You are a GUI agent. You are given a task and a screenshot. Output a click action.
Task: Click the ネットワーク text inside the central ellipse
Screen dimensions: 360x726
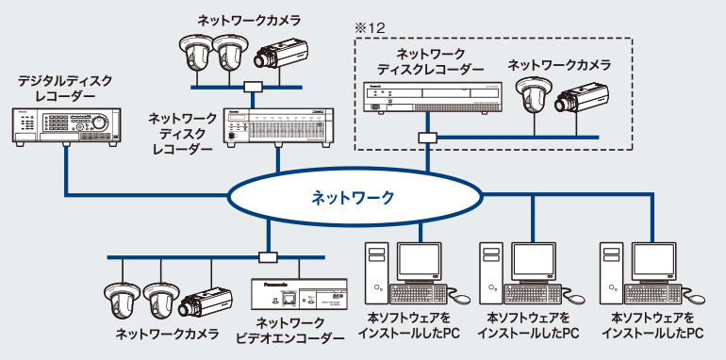click(354, 199)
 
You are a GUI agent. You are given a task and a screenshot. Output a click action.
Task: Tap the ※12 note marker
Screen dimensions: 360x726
click(366, 29)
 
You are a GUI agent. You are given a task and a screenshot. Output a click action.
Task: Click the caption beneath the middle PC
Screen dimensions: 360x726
click(528, 326)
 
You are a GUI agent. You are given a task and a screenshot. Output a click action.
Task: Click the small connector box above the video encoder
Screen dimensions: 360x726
click(269, 257)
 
